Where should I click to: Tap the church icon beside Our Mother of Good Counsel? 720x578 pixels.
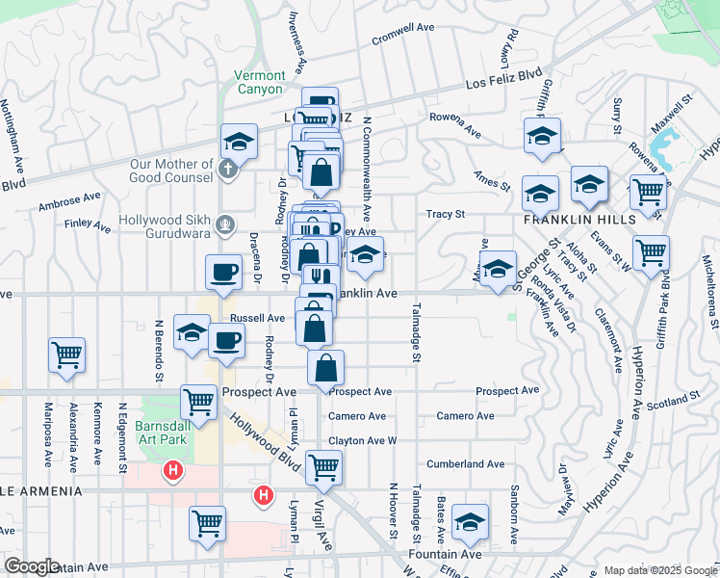point(225,171)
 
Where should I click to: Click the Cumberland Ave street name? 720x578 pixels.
point(464,463)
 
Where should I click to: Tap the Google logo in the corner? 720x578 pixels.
point(32,565)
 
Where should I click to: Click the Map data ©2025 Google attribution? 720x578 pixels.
point(659,570)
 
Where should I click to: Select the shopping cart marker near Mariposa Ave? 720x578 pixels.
point(67,355)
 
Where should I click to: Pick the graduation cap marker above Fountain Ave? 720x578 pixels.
point(470,522)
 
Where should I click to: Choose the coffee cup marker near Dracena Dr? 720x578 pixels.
point(223,272)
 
